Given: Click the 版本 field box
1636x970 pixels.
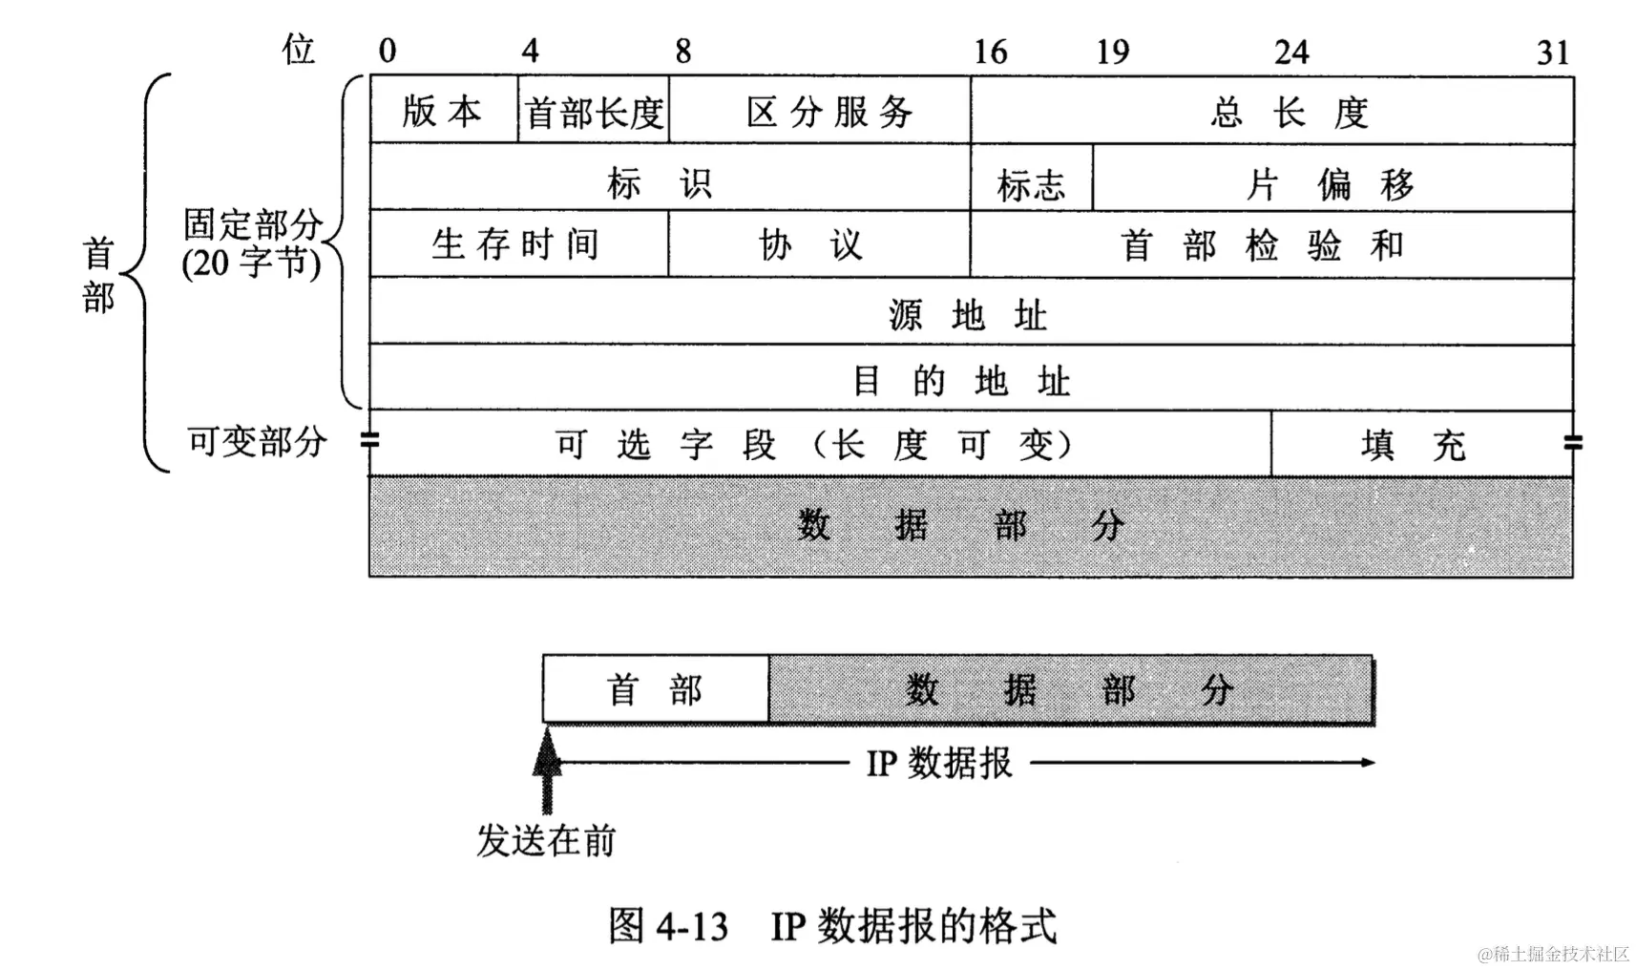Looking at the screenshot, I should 443,111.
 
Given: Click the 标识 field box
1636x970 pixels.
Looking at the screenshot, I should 668,179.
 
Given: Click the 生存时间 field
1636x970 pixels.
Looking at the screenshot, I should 517,244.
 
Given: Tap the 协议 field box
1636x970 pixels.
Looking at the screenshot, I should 819,244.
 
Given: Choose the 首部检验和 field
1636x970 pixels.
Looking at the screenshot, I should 1271,244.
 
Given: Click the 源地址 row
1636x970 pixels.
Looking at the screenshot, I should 970,313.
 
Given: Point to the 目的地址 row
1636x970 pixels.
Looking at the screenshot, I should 970,380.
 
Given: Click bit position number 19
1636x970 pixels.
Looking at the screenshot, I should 1112,52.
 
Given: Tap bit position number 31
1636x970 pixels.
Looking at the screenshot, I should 1553,52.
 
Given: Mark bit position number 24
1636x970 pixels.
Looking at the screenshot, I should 1290,52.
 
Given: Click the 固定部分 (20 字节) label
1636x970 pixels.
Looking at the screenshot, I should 253,243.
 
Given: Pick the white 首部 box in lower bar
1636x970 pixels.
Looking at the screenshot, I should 655,689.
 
